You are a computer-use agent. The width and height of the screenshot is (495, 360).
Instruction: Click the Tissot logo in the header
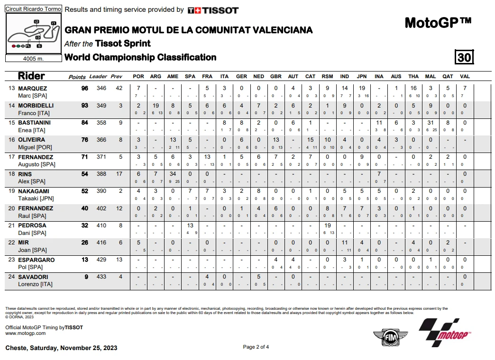coord(213,10)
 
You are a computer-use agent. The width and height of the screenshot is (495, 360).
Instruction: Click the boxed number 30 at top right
coord(464,57)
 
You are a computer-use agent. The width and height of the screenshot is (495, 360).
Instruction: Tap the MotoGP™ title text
coord(438,23)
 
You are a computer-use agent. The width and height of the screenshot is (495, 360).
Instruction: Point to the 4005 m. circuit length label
coord(33,59)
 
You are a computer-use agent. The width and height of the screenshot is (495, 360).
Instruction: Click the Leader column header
coord(98,76)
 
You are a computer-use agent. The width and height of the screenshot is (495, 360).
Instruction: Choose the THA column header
coord(413,76)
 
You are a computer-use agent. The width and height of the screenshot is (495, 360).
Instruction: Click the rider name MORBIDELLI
coord(36,106)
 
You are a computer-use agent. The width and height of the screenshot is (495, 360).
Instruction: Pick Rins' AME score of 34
coord(173,174)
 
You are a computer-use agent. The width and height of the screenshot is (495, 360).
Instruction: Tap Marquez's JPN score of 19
coord(362,89)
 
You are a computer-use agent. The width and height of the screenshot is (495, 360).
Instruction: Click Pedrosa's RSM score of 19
coord(327,225)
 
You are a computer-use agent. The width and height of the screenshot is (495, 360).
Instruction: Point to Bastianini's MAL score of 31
coord(431,123)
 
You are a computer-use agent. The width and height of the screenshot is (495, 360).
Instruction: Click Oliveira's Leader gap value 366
coord(101,140)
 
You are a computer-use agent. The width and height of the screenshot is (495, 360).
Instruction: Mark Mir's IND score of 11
coord(345,243)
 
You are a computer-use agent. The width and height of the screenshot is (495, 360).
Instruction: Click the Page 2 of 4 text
coord(256,347)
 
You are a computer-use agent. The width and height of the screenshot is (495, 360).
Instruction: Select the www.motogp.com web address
coord(25,333)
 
